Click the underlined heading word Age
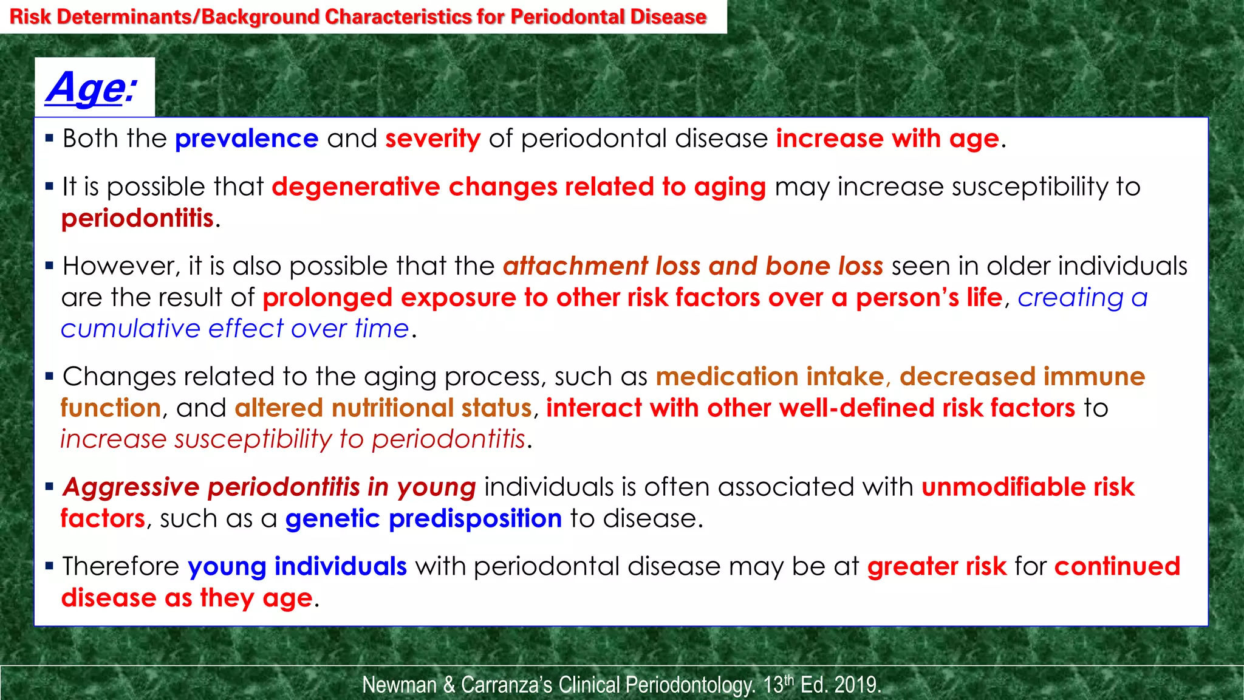[x=86, y=88]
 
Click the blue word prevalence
[x=247, y=139]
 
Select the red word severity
[x=432, y=139]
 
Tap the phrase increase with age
[x=887, y=139]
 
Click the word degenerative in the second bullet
[x=356, y=187]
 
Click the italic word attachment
[x=575, y=267]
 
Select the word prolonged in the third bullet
[x=327, y=298]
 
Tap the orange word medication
[x=727, y=377]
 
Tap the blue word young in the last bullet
[x=227, y=567]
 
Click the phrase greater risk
[x=937, y=567]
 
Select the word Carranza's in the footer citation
[x=507, y=685]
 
